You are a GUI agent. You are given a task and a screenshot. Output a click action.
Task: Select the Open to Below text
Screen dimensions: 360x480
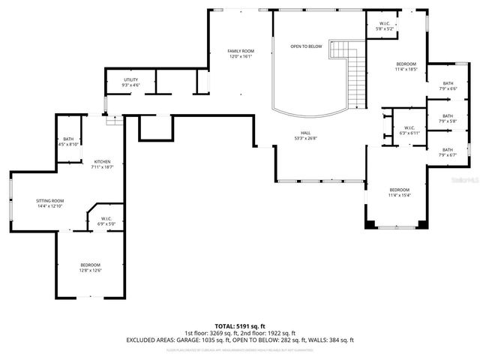pos(306,46)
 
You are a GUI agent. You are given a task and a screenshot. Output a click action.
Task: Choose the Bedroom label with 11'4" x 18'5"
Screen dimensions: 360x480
pos(405,67)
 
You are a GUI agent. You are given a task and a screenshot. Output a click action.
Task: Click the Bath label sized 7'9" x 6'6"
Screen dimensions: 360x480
pos(448,85)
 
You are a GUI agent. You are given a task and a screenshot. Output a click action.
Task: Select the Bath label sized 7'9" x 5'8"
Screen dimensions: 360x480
pos(448,118)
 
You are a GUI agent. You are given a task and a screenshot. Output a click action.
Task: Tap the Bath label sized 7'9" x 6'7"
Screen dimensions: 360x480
pos(448,152)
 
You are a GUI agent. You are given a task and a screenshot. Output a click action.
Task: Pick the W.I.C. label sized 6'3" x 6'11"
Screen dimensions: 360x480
pos(409,130)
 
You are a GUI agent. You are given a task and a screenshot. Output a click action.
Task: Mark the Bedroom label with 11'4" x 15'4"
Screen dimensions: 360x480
pos(399,192)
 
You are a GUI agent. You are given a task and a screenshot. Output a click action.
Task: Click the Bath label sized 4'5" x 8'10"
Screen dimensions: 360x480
pos(68,141)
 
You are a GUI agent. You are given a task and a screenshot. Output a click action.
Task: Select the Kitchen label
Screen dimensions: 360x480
pos(102,165)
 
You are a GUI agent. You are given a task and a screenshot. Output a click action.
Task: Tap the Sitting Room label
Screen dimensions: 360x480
pos(50,203)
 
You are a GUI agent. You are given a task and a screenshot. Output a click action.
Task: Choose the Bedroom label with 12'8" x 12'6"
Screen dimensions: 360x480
pos(91,268)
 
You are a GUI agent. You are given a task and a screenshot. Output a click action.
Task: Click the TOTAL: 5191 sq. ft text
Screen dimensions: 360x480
pos(240,326)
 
